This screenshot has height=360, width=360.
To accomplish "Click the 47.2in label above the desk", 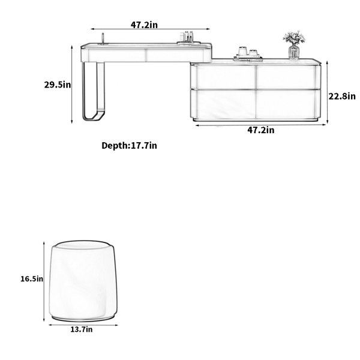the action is pos(144,25).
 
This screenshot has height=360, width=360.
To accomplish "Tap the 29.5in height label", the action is pos(58,85).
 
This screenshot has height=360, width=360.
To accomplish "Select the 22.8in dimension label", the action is pos(342,96).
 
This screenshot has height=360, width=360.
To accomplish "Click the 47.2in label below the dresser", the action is pos(261,130).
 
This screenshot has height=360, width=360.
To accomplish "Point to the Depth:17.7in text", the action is pos(129,146).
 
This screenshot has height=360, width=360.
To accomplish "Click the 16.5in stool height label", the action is pos(32,279).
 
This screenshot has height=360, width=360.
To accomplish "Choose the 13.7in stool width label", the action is pos(81,329).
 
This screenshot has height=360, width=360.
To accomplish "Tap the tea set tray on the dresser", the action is pos(248,55).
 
